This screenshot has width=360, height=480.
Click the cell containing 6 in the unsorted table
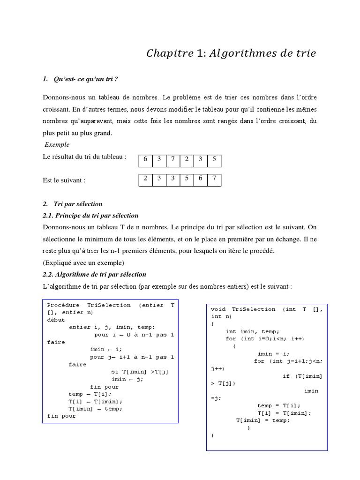coord(146,159)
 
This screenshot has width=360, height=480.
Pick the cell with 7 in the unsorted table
coord(173,159)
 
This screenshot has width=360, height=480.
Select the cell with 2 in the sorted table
coord(146,179)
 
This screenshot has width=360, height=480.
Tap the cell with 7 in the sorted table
coord(214,179)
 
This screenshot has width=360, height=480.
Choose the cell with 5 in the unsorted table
coord(214,159)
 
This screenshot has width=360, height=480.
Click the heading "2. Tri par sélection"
coord(72,204)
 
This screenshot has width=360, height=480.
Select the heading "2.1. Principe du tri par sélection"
coord(90,216)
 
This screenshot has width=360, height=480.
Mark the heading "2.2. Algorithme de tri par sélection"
coord(94,274)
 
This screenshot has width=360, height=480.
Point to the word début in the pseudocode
coord(57,320)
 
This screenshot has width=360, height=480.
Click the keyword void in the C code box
coord(218,309)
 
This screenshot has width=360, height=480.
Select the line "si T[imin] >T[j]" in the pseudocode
coord(140,372)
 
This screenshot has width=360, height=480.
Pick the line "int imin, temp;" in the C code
coord(253,331)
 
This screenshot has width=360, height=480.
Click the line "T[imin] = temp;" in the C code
coord(263,420)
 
